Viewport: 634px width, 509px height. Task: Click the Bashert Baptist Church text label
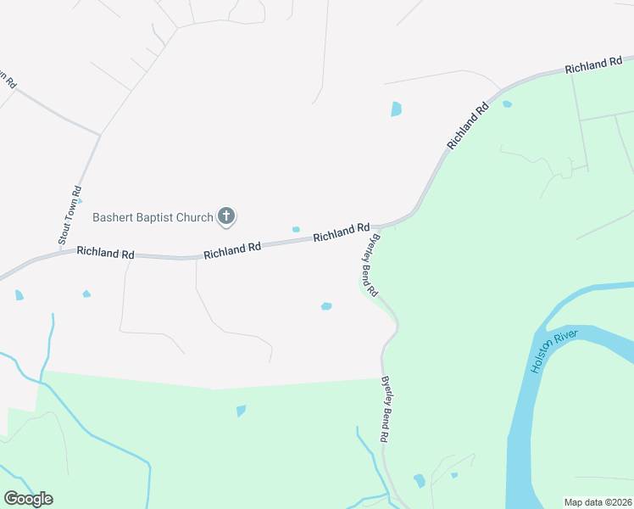pyautogui.click(x=153, y=217)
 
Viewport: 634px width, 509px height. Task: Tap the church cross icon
pyautogui.click(x=226, y=217)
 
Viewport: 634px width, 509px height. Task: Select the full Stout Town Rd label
pyautogui.click(x=70, y=216)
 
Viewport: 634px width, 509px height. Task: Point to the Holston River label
pyautogui.click(x=554, y=352)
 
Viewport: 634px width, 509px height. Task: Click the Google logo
pyautogui.click(x=28, y=499)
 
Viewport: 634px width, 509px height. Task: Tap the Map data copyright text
pyautogui.click(x=598, y=502)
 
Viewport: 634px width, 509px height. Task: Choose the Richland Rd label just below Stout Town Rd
pyautogui.click(x=106, y=253)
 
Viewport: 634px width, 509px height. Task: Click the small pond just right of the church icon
pyautogui.click(x=296, y=229)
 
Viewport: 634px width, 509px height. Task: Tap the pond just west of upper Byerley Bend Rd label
pyautogui.click(x=326, y=306)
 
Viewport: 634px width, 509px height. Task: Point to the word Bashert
pyautogui.click(x=116, y=217)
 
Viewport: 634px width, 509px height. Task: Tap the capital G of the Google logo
pyautogui.click(x=11, y=499)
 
